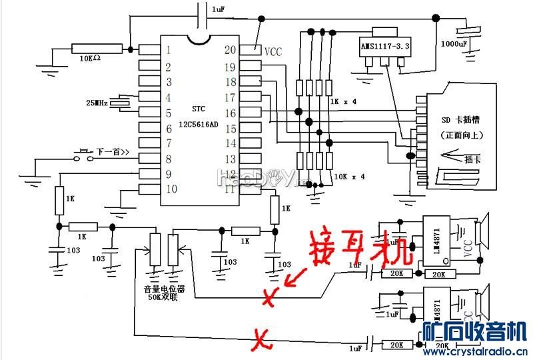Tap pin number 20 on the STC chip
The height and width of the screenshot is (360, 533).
coord(230,49)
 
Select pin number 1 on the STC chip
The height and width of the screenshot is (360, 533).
coord(169,50)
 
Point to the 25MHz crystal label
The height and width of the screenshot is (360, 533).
coord(97,103)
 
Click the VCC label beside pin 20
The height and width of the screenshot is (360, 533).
coord(274,51)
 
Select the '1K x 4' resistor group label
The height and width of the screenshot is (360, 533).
coord(342,102)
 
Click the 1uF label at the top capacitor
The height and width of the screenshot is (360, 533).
coord(218,10)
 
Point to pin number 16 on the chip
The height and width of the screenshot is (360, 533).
coord(230,113)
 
